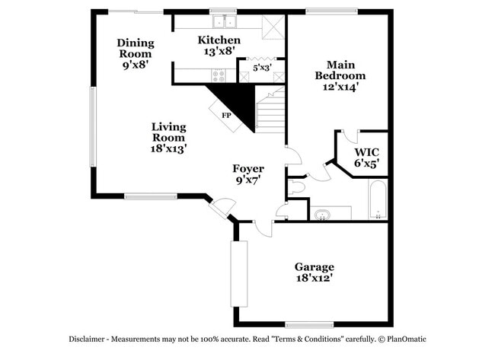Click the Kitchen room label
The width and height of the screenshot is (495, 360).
point(219,40)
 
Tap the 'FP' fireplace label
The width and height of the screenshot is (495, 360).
point(226,115)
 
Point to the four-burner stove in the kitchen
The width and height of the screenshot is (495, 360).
point(219,74)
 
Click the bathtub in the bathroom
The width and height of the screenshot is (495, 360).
point(378,199)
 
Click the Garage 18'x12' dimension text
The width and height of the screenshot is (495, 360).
point(315,279)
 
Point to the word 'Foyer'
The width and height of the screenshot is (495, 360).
point(248,168)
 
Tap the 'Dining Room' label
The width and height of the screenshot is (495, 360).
point(136,49)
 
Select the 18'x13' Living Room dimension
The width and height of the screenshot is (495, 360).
point(168,149)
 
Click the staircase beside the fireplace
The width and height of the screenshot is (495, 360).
point(270,110)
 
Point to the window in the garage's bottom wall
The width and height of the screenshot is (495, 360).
point(308,324)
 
